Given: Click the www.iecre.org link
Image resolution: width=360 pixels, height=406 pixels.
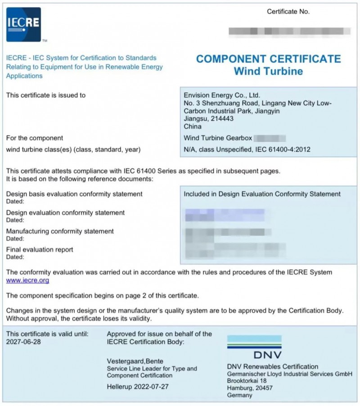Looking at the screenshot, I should click(27, 280).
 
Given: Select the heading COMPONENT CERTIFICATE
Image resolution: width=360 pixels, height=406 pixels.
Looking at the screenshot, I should click(269, 59).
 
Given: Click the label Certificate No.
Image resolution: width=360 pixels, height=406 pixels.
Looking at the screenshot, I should click(288, 12).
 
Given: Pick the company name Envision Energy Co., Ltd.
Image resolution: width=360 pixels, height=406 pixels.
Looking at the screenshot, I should click(222, 95).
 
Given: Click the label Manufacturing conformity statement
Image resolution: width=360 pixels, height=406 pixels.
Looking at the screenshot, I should click(60, 231).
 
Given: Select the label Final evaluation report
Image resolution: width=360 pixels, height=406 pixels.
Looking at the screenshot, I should click(40, 249).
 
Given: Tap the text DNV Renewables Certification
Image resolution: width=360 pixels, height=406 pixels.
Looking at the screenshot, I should click(273, 366).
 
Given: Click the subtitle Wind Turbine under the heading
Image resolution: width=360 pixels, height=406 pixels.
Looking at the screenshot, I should click(268, 71).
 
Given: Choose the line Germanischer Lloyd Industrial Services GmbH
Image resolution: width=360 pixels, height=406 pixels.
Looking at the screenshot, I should click(289, 374).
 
